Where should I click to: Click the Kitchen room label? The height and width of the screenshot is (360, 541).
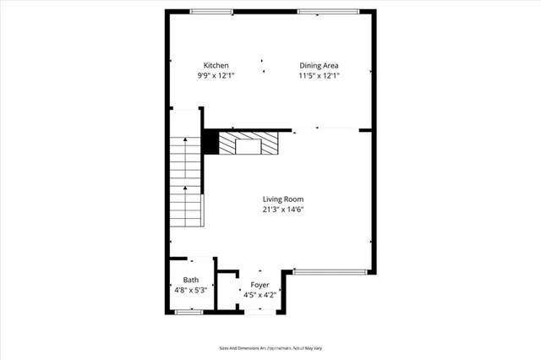coord(216,65)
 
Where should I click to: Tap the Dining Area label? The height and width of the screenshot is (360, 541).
coord(320,65)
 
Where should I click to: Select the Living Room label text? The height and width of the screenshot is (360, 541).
coord(282,199)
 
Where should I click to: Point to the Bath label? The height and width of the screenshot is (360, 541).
coord(191,280)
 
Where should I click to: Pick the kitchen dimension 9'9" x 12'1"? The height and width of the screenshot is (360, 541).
coord(216,75)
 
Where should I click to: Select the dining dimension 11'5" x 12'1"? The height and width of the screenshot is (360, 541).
coord(320,75)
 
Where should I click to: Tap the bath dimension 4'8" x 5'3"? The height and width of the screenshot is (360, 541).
coord(191,290)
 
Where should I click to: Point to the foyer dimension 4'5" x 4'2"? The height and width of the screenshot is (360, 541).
coord(260,295)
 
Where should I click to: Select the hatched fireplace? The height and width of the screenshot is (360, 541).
coord(249,144)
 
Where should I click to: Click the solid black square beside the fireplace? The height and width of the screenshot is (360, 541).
coord(210,144)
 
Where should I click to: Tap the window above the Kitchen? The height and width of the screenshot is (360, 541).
coord(211,12)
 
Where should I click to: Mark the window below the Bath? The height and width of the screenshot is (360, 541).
coord(189,312)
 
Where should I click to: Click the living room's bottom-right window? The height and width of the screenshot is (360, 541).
coord(330,271)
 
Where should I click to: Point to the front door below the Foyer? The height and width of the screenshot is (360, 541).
coord(260,312)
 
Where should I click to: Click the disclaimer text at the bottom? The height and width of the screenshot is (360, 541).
coord(270,347)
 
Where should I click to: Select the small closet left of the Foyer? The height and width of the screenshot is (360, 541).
coord(227,292)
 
